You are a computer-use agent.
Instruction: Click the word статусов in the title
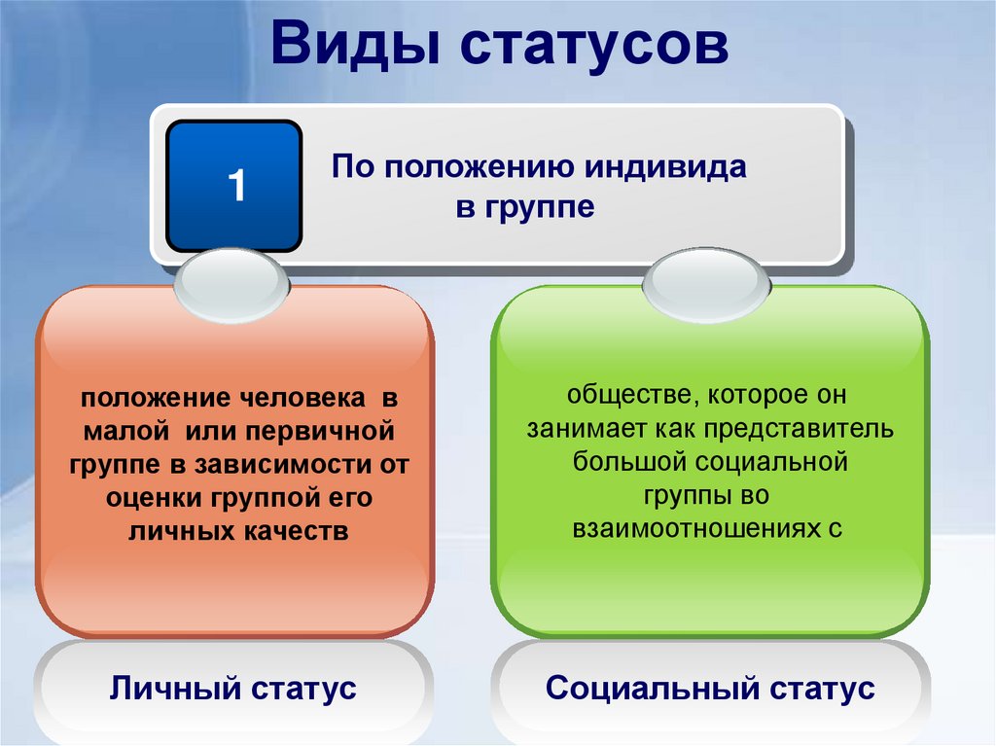coord(594,46)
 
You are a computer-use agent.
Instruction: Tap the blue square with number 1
coord(233,186)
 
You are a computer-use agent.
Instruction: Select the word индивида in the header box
coord(665,166)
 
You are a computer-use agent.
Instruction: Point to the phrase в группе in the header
coord(525,207)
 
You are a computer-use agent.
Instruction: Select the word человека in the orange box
coord(302,399)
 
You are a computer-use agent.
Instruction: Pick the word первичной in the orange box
coord(320,432)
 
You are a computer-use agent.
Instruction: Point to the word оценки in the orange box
coord(155,498)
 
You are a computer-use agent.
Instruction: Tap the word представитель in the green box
coord(799,430)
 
